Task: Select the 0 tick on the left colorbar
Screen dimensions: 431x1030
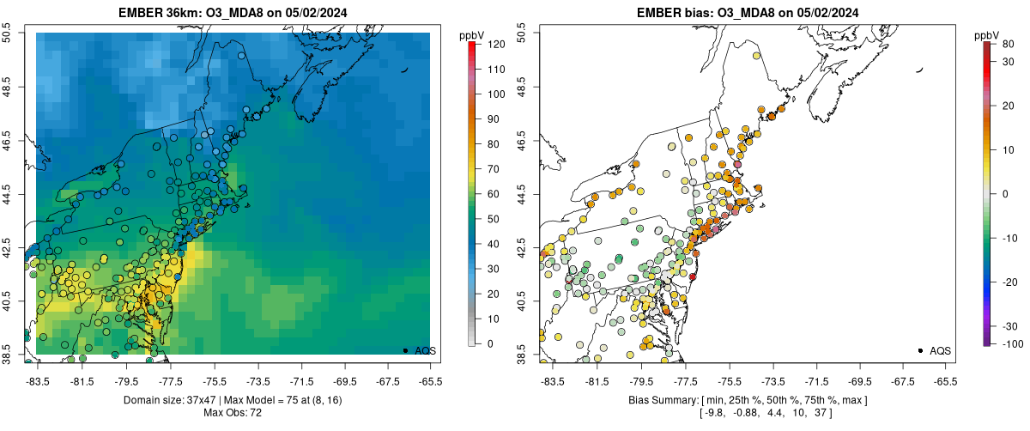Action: pyautogui.click(x=488, y=343)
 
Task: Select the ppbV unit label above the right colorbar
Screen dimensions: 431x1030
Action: pyautogui.click(x=988, y=35)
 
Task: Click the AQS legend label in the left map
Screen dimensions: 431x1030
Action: pyautogui.click(x=426, y=351)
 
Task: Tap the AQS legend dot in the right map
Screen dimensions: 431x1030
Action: pyautogui.click(x=920, y=350)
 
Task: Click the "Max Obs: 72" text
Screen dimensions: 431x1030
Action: pyautogui.click(x=233, y=413)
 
